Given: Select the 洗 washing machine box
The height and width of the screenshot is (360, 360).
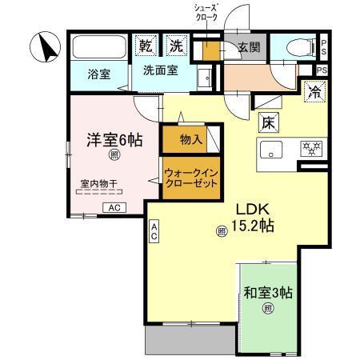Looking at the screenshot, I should coord(175,46).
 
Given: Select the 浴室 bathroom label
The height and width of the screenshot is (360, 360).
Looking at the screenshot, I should coord(100,74).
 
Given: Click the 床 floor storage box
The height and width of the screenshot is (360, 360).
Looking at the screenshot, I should coord(269,123).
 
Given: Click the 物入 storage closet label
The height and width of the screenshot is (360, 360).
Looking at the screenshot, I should coord(190,141).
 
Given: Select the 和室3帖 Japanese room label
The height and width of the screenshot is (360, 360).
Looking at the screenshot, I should coord(268,292).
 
